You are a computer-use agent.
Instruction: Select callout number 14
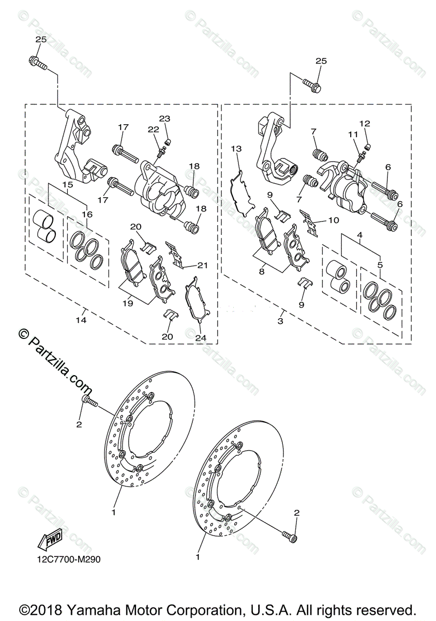click(x=81, y=321)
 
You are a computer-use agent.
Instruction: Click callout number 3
click(x=280, y=321)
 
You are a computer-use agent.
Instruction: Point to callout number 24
click(x=201, y=337)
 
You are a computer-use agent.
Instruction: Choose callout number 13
click(x=236, y=149)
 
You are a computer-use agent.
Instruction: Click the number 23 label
click(x=164, y=119)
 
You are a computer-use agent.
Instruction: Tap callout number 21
click(x=203, y=265)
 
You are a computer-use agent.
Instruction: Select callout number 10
click(x=334, y=220)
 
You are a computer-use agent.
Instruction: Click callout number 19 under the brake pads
click(x=128, y=303)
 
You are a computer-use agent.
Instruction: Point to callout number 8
click(x=262, y=270)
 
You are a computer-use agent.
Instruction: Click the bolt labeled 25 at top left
click(x=37, y=64)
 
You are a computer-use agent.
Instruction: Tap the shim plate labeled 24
click(x=196, y=302)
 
